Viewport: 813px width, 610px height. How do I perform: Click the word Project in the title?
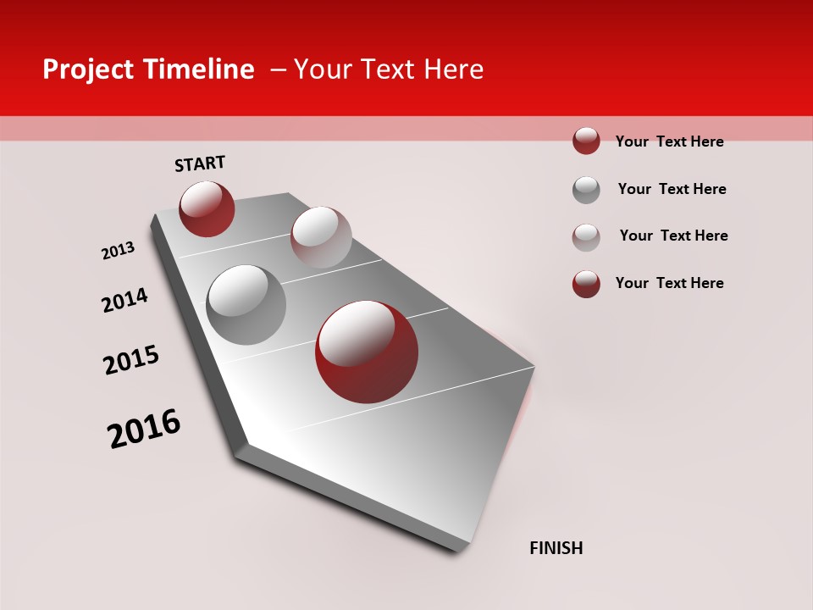[87, 70]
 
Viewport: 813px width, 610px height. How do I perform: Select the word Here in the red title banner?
[454, 69]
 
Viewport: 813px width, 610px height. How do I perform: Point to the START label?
[200, 164]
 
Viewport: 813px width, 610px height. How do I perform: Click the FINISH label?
[556, 548]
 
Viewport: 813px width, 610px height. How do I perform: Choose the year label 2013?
[118, 251]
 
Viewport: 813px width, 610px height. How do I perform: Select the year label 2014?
[124, 300]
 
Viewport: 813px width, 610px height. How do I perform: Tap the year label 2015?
[131, 360]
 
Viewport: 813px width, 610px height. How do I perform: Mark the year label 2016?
[144, 429]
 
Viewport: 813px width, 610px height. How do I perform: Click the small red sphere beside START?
[207, 208]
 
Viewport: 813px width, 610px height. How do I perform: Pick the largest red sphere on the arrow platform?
[367, 352]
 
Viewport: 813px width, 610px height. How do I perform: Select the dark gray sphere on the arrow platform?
[246, 305]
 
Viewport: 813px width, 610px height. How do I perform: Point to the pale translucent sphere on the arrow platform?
[321, 237]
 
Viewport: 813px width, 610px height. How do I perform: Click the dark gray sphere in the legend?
[586, 190]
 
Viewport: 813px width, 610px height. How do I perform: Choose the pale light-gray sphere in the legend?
[586, 237]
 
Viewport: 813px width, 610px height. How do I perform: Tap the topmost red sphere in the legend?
[586, 141]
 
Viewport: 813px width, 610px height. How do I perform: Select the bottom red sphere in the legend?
[586, 284]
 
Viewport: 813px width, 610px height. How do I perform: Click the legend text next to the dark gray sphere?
[672, 189]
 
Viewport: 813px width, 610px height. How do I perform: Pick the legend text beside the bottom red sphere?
[669, 283]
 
